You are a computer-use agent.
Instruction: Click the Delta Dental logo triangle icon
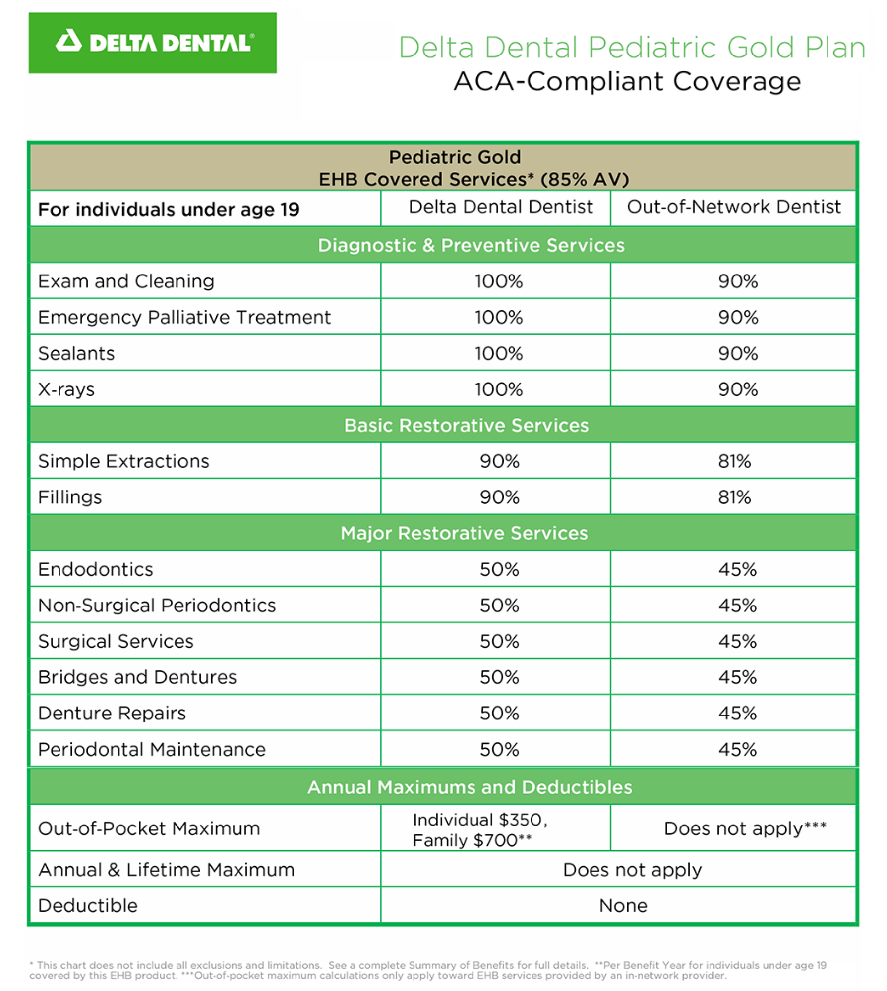click(68, 41)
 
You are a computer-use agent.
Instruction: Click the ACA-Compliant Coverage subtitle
click(627, 81)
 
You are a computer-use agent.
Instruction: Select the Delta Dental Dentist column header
click(500, 207)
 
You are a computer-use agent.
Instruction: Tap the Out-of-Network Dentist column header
click(733, 207)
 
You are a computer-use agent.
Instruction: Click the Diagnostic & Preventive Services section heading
click(471, 245)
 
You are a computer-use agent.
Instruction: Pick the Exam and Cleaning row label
click(126, 281)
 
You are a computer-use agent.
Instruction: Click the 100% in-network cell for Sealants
click(499, 353)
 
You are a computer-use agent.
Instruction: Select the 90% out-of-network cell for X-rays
click(738, 389)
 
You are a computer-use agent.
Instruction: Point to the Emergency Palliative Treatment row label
click(184, 317)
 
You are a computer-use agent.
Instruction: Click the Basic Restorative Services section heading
click(466, 425)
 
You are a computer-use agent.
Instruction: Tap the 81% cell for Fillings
click(734, 497)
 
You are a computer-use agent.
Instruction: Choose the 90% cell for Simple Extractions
click(499, 461)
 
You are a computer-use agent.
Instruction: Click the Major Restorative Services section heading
click(464, 533)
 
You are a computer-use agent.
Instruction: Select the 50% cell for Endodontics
click(499, 569)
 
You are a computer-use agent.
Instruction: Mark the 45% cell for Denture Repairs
click(737, 713)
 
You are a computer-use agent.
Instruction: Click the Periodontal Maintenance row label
click(152, 749)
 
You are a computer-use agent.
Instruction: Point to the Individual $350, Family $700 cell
click(479, 830)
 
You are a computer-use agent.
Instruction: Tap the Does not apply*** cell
click(745, 828)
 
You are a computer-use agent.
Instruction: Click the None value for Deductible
click(623, 905)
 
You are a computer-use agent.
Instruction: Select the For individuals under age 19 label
click(169, 210)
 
